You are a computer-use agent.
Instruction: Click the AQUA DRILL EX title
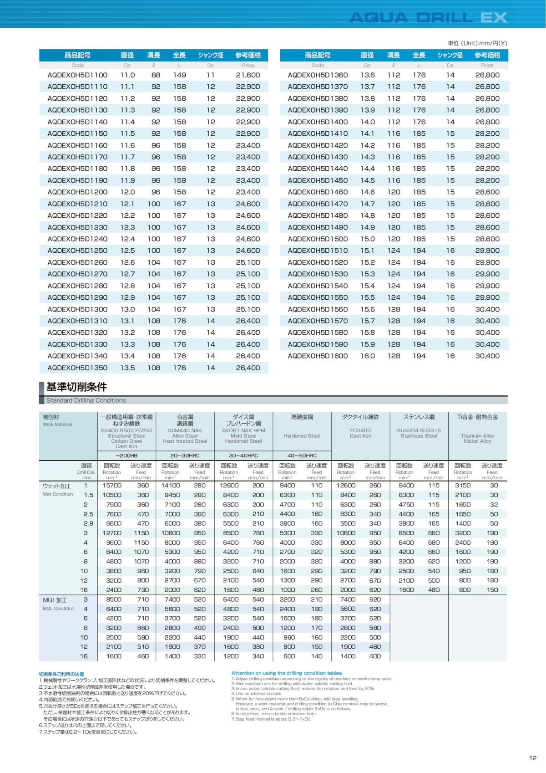(428, 18)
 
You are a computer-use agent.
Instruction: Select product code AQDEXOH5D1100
(77, 75)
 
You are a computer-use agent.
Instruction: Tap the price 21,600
(248, 75)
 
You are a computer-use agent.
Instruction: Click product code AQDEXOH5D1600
(318, 356)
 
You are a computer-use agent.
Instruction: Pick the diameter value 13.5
(127, 368)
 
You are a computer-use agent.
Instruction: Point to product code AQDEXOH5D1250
(77, 251)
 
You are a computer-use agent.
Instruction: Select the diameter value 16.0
(367, 356)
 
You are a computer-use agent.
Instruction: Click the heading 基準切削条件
(76, 387)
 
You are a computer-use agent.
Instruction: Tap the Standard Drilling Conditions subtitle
(86, 400)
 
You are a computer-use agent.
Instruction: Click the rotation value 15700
(114, 486)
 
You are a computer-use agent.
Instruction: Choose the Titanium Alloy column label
(477, 435)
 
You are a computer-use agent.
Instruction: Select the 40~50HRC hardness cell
(302, 456)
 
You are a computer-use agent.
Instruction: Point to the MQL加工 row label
(55, 600)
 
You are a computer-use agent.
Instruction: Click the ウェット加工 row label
(57, 486)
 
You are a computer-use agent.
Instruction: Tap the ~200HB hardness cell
(126, 456)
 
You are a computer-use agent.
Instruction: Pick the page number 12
(533, 758)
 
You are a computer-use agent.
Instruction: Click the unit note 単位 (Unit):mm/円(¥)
(477, 43)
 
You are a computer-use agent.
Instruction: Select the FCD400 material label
(360, 430)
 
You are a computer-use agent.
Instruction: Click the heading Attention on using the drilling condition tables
(287, 673)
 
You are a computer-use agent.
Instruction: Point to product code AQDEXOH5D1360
(318, 75)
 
